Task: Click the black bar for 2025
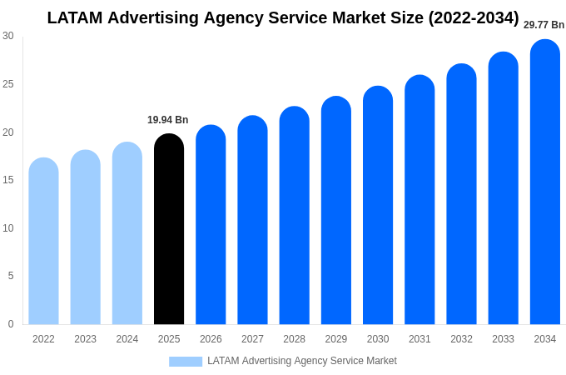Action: pos(169,229)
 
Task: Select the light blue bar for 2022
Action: pos(43,241)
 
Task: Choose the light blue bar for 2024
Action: pos(127,233)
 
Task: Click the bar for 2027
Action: pos(252,220)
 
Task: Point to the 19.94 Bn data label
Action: pos(168,120)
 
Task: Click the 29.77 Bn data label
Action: pos(544,25)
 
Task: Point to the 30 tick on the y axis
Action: pos(8,36)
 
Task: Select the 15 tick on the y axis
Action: pos(8,180)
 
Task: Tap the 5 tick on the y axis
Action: pos(11,276)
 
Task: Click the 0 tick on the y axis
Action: pos(11,324)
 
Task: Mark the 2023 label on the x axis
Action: pos(85,339)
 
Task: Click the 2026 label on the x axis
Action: pos(211,339)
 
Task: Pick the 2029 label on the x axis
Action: pos(336,339)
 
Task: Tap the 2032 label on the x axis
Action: pos(461,339)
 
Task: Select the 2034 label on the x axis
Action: pos(545,339)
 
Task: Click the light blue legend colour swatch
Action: pos(186,362)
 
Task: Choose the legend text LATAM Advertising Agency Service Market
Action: pos(302,361)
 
